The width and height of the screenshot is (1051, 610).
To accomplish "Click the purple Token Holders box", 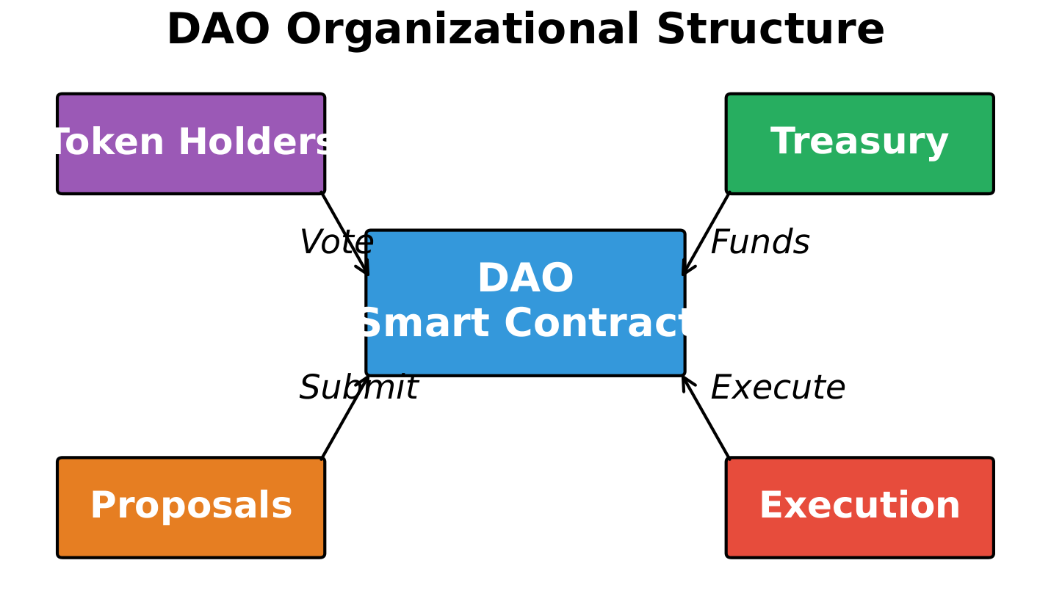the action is click(191, 143).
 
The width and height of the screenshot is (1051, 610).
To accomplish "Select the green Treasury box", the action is click(860, 143).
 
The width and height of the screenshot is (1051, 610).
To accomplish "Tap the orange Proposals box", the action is click(191, 508).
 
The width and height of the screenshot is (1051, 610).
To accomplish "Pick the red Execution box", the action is click(860, 508).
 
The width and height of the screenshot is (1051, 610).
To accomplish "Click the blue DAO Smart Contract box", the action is click(526, 303).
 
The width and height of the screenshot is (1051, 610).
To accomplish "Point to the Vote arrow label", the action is click(336, 242).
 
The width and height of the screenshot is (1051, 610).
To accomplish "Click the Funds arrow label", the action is click(760, 242).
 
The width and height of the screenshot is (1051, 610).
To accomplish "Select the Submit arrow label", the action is click(358, 388).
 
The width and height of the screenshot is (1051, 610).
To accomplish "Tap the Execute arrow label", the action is click(778, 388).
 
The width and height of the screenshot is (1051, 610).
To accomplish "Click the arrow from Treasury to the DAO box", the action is click(706, 233).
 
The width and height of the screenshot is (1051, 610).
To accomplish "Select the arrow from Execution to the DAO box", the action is click(706, 418).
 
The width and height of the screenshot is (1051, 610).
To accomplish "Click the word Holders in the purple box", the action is click(256, 142).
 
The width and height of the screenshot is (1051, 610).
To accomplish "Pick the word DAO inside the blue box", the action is click(526, 278).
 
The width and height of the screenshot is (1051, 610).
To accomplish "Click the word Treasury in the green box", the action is click(859, 142).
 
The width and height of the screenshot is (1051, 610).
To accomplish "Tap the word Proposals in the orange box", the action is click(191, 506).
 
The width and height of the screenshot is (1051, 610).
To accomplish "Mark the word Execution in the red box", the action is click(859, 506).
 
